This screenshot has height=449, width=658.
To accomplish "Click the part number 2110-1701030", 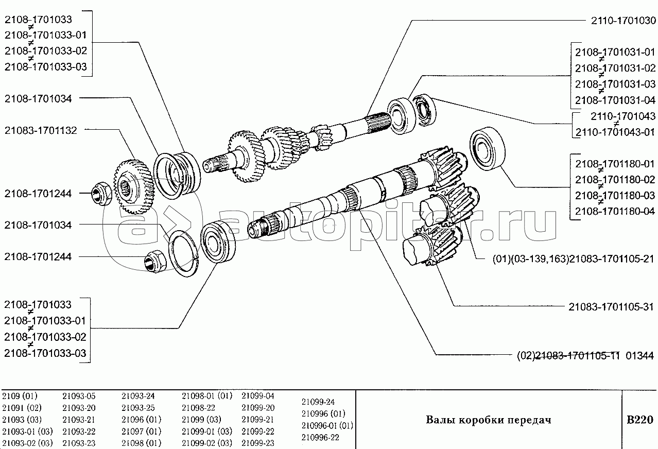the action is [624, 21].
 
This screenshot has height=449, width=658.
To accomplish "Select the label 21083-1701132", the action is [41, 130].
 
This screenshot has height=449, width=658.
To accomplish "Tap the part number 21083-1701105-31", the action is [611, 307].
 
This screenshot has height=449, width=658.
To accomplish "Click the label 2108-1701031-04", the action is [615, 100].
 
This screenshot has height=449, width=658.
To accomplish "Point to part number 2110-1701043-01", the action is [615, 132].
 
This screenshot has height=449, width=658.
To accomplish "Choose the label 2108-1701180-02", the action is [615, 180].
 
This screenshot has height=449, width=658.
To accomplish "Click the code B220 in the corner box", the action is [640, 420].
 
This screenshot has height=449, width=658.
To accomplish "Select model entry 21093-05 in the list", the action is [79, 396].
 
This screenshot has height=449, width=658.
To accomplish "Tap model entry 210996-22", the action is [320, 438].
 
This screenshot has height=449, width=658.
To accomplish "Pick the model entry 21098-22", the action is [198, 408].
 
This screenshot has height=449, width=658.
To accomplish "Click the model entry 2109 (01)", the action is [20, 396].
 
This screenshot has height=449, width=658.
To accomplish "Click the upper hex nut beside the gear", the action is [101, 194].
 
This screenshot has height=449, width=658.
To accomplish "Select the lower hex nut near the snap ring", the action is [155, 261].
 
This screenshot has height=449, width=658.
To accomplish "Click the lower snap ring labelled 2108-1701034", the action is [183, 254].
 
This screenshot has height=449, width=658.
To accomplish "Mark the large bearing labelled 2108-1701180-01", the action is [488, 149].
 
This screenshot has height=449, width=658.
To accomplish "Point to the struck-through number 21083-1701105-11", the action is [577, 356].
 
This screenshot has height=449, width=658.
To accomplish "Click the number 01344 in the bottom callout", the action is [639, 356].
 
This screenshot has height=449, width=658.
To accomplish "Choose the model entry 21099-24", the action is [318, 402].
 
